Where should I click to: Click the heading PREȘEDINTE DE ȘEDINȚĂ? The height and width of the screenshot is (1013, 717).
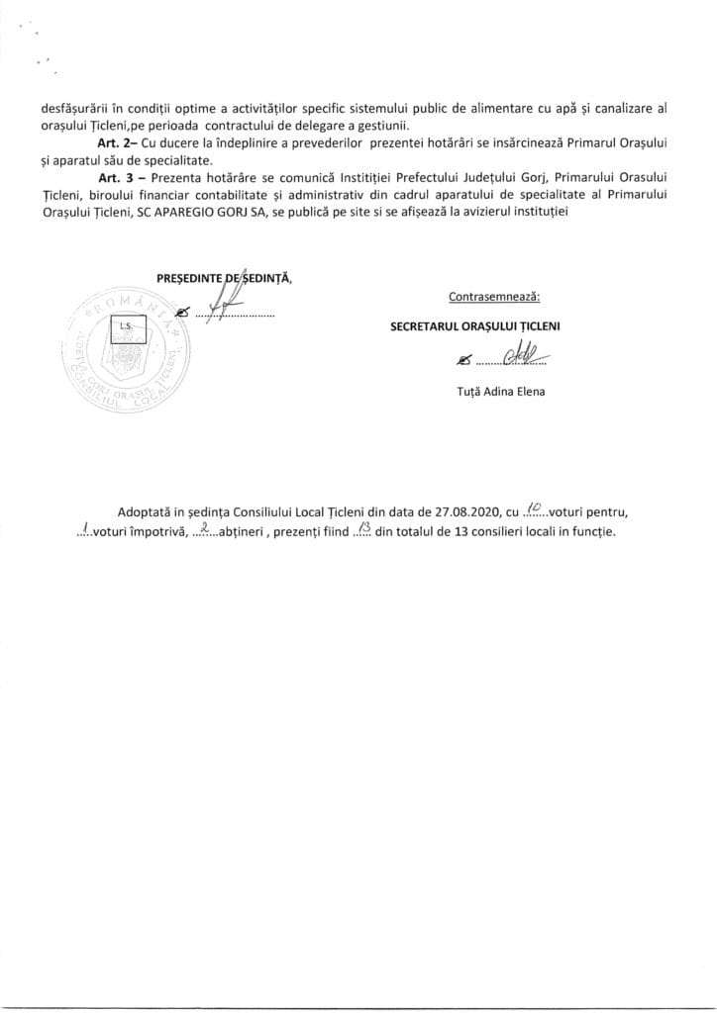(222, 278)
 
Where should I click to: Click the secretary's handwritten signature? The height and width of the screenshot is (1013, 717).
(523, 355)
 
